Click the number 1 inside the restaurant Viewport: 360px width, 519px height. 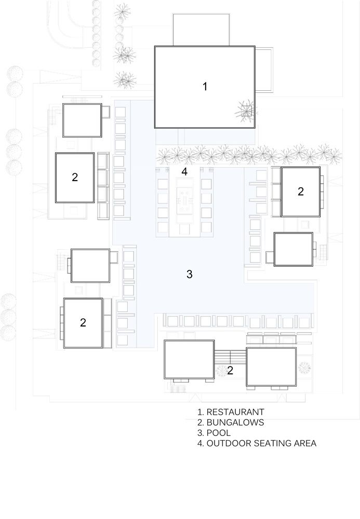tap(205, 86)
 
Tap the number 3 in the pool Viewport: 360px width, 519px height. tap(190, 274)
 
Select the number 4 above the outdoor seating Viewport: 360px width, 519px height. tap(184, 171)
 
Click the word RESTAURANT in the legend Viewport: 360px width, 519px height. tap(235, 412)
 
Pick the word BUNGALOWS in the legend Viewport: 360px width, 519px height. tap(235, 422)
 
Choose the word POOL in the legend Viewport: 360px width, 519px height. tap(219, 433)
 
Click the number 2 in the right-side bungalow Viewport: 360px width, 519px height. tap(301, 192)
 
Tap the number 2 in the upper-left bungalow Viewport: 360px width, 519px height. tap(75, 177)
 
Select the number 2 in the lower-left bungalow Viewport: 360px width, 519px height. tap(83, 322)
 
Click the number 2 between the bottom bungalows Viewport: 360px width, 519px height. tap(230, 371)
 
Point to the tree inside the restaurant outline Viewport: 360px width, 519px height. tap(246, 111)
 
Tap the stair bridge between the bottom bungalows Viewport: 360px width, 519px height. tap(230, 357)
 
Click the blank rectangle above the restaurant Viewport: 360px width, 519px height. tap(201, 30)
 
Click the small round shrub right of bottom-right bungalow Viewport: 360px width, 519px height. tap(304, 368)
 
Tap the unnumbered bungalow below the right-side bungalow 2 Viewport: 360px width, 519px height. tap(294, 249)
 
